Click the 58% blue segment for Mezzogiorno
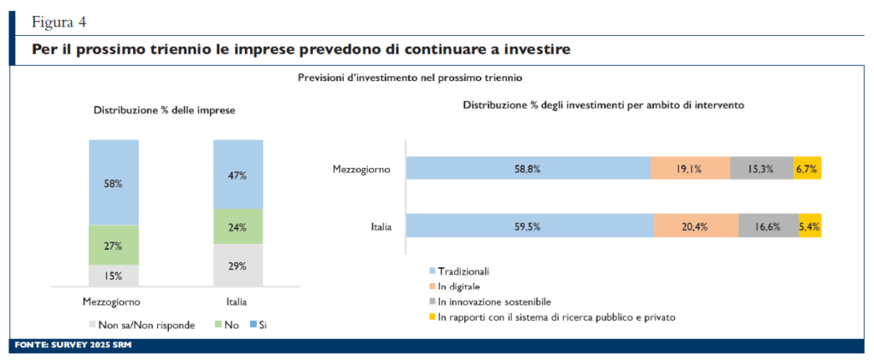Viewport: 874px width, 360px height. [x=114, y=183]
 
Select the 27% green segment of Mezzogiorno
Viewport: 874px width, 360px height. [x=114, y=245]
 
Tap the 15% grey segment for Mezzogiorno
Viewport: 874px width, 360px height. [x=114, y=276]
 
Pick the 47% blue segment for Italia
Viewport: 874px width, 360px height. [x=236, y=175]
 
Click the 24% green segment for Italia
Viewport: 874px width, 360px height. [x=236, y=227]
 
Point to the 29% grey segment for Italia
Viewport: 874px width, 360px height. [x=236, y=265]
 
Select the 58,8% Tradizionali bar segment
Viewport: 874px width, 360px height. [x=527, y=169]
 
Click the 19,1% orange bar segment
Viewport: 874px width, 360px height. [x=689, y=169]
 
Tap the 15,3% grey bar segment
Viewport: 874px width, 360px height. [x=760, y=169]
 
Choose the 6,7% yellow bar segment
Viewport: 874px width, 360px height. [x=807, y=169]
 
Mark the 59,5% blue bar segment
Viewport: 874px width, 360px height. [x=529, y=226]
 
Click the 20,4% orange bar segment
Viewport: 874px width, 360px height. [x=696, y=226]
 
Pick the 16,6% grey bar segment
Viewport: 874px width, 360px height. [x=767, y=226]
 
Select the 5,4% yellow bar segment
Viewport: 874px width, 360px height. [x=809, y=226]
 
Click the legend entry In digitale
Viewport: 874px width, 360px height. [x=459, y=286]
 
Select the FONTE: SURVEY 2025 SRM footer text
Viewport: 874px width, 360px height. [x=73, y=346]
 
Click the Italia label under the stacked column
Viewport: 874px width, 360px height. [x=236, y=301]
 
